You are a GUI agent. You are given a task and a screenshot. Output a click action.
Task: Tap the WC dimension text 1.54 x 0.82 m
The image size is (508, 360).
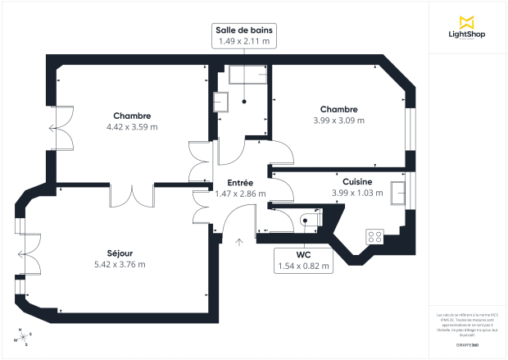pos(303,266)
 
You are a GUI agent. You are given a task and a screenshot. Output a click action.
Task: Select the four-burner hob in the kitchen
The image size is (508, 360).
pos(374,236)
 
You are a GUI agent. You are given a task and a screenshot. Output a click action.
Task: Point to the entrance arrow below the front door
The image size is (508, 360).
pos(239,242)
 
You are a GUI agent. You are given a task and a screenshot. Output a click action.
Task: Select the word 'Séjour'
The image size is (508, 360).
pos(120,253)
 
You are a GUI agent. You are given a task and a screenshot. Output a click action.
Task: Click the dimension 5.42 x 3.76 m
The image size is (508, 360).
pos(120,264)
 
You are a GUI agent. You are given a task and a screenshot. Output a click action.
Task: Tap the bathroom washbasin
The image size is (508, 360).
pos(220,103)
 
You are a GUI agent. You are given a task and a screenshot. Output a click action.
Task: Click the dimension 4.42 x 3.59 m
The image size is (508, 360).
pos(132,127)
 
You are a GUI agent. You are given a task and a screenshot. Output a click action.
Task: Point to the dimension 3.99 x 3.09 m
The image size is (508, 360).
pos(338,121)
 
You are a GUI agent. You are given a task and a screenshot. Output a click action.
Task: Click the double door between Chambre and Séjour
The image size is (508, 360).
pos(132,195)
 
